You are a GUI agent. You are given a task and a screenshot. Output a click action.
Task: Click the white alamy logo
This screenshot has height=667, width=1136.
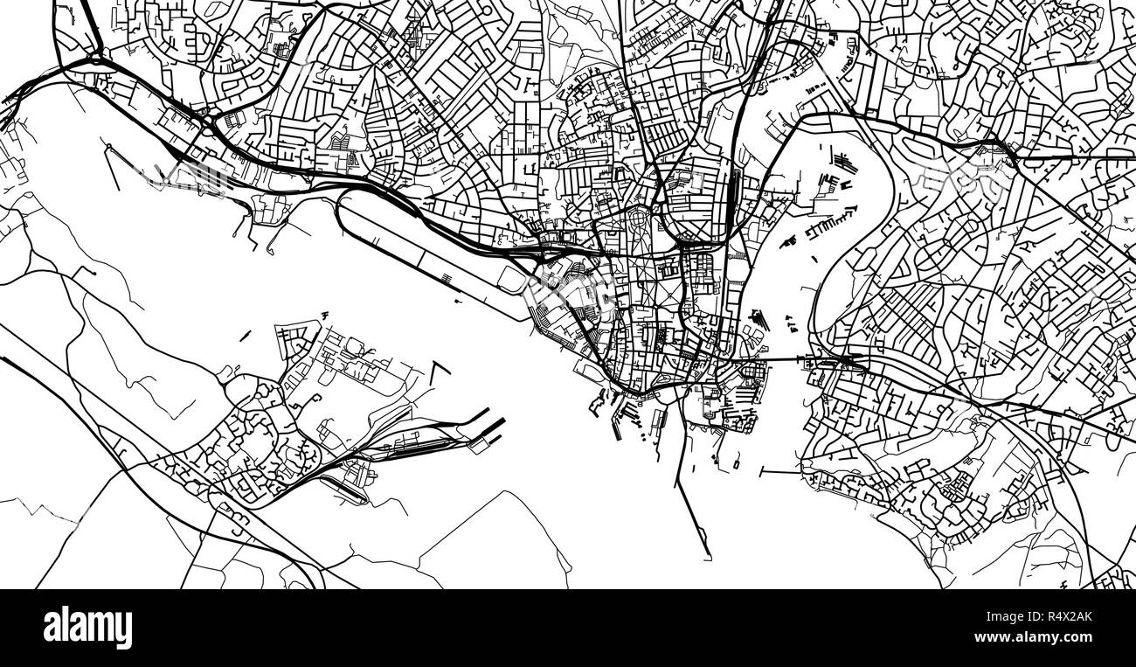point(87,628)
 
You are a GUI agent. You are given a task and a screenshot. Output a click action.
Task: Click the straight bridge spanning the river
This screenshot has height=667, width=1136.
point(782,359)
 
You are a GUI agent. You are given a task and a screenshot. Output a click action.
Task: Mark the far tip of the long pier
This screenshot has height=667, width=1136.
point(708,557)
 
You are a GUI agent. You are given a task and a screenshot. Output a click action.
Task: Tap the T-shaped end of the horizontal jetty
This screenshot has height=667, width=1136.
point(762,472)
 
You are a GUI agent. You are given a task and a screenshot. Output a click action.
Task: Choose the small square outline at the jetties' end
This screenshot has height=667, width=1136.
point(479,445)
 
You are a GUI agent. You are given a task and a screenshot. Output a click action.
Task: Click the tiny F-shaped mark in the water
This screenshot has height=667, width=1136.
point(324,314)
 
